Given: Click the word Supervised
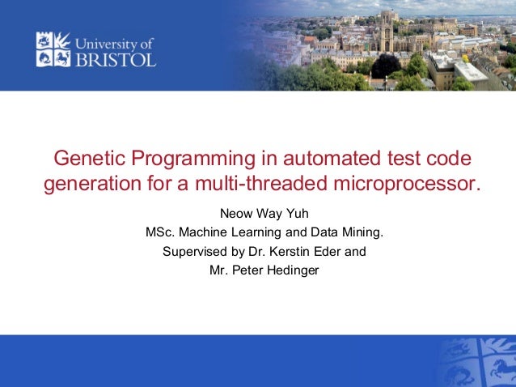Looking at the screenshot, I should point(196,252).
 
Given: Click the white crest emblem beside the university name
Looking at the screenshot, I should point(53,49).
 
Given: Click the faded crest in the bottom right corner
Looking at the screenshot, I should point(477,363).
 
